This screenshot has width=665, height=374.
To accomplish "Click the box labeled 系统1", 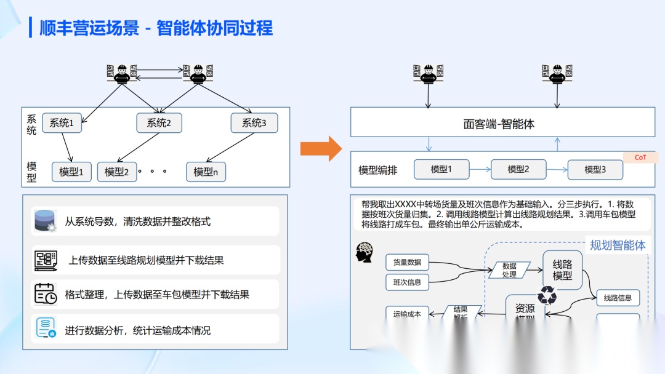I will pyautogui.click(x=62, y=123).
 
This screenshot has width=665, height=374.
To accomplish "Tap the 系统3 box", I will pyautogui.click(x=254, y=123).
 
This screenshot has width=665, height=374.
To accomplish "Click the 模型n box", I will pyautogui.click(x=206, y=172).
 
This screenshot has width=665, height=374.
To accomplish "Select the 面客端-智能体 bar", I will pyautogui.click(x=502, y=124).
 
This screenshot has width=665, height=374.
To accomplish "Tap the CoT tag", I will pyautogui.click(x=640, y=157).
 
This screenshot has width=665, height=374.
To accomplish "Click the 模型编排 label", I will pyautogui.click(x=378, y=170).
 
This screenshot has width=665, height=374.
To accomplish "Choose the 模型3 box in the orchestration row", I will pyautogui.click(x=595, y=170).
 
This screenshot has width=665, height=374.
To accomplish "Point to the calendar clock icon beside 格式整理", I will pyautogui.click(x=45, y=294).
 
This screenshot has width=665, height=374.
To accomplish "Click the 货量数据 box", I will pyautogui.click(x=407, y=262).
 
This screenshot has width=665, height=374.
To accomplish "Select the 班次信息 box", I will pyautogui.click(x=407, y=282).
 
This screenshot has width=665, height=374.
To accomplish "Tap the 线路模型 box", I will pyautogui.click(x=562, y=269).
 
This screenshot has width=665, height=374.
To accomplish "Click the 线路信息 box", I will pyautogui.click(x=618, y=298).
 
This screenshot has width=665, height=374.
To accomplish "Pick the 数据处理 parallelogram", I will pyautogui.click(x=509, y=270).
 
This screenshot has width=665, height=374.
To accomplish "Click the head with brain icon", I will pyautogui.click(x=365, y=252).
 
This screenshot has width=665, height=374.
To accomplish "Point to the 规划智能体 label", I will pyautogui.click(x=617, y=245).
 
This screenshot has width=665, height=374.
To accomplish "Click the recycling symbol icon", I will pyautogui.click(x=547, y=296).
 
